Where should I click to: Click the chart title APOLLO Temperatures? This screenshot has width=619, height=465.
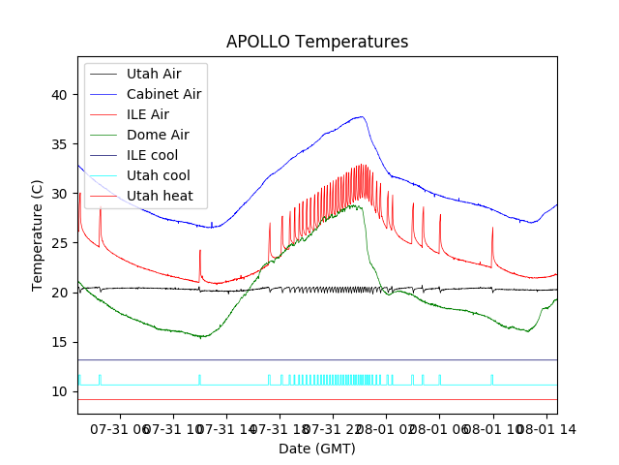(x=317, y=42)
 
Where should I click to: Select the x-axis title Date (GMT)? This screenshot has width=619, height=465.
(x=317, y=449)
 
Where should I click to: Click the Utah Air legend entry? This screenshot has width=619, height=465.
(x=153, y=74)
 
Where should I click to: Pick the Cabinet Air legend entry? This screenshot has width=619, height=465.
(x=163, y=94)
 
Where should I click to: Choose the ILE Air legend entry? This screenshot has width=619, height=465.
(x=147, y=114)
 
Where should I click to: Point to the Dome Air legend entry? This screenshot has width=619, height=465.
(x=158, y=135)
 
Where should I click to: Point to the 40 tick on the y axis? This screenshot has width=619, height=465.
(x=61, y=95)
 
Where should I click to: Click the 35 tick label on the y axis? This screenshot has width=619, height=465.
(x=61, y=144)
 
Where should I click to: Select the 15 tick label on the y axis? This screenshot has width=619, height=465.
(x=61, y=342)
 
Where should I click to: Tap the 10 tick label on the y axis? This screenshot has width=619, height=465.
(x=61, y=391)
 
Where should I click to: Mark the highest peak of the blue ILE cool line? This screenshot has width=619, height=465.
(x=362, y=116)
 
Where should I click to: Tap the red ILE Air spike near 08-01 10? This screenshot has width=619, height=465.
(x=492, y=229)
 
